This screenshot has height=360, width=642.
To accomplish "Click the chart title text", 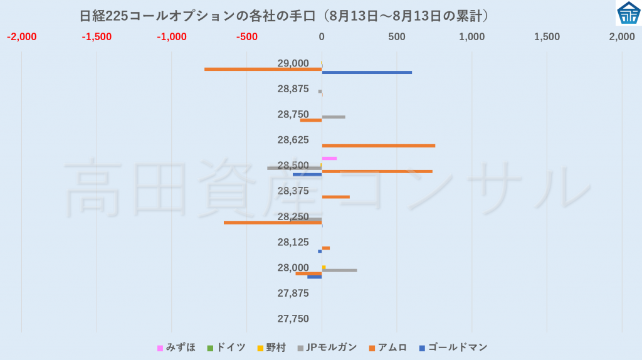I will pyautogui.click(x=284, y=16).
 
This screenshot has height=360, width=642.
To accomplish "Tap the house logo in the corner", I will pyautogui.click(x=628, y=13).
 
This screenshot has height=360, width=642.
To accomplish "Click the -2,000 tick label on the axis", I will pyautogui.click(x=22, y=37).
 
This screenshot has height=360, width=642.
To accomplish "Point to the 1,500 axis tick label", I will pyautogui.click(x=547, y=37).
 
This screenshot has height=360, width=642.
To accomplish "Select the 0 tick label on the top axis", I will pyautogui.click(x=322, y=37).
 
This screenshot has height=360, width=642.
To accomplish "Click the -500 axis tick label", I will pyautogui.click(x=247, y=37).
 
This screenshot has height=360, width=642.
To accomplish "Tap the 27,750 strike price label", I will pyautogui.click(x=293, y=319).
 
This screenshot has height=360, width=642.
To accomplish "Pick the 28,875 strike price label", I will pyautogui.click(x=293, y=89).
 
